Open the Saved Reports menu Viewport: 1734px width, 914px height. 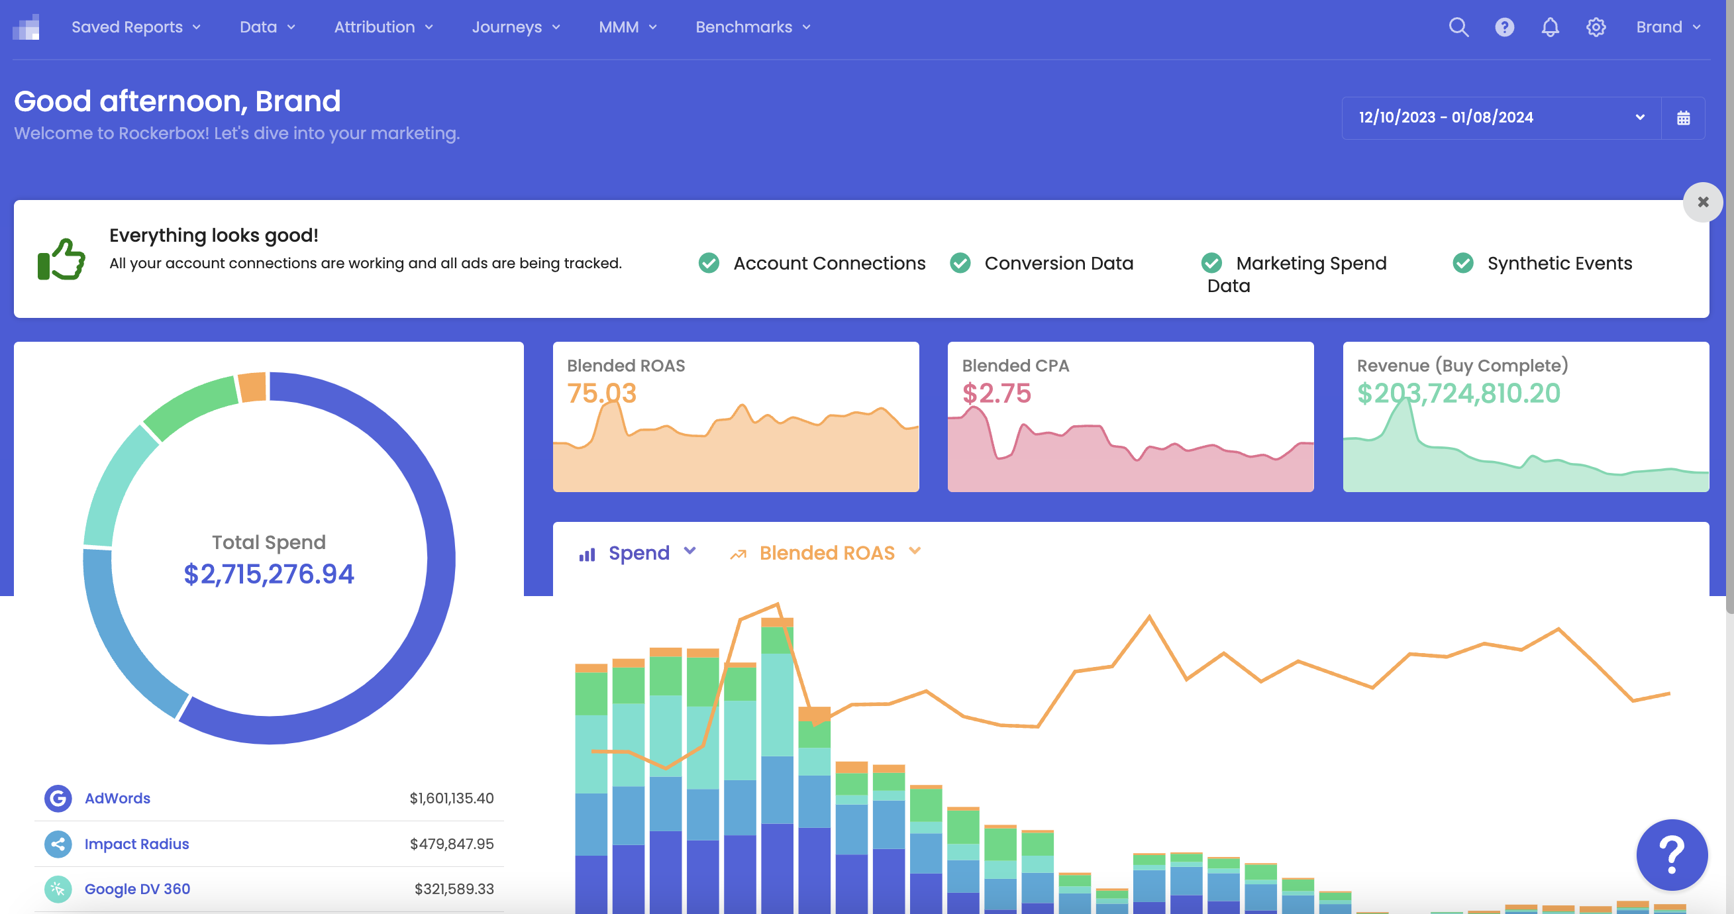[x=135, y=27]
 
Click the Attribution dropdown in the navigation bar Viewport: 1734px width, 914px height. [x=383, y=27]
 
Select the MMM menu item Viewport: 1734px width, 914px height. [x=627, y=27]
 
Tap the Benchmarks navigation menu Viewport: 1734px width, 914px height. [x=752, y=27]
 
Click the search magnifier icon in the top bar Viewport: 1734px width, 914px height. [x=1458, y=27]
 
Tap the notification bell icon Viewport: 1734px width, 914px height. [x=1550, y=27]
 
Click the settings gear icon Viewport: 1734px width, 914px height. [x=1596, y=27]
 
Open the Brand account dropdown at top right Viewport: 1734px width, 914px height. [x=1667, y=27]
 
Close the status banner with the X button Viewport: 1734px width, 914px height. [x=1702, y=202]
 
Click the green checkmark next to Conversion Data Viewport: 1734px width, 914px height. [x=960, y=263]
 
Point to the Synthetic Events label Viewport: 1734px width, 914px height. [x=1559, y=263]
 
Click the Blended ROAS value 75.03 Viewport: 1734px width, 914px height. [x=601, y=393]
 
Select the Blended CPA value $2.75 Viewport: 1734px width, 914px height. [x=995, y=393]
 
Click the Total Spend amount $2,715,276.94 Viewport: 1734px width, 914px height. [x=269, y=574]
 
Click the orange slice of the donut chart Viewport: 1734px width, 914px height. [x=253, y=387]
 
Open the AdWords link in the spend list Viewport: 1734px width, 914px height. [x=117, y=798]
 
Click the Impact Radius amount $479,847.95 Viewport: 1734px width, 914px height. [x=451, y=844]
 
